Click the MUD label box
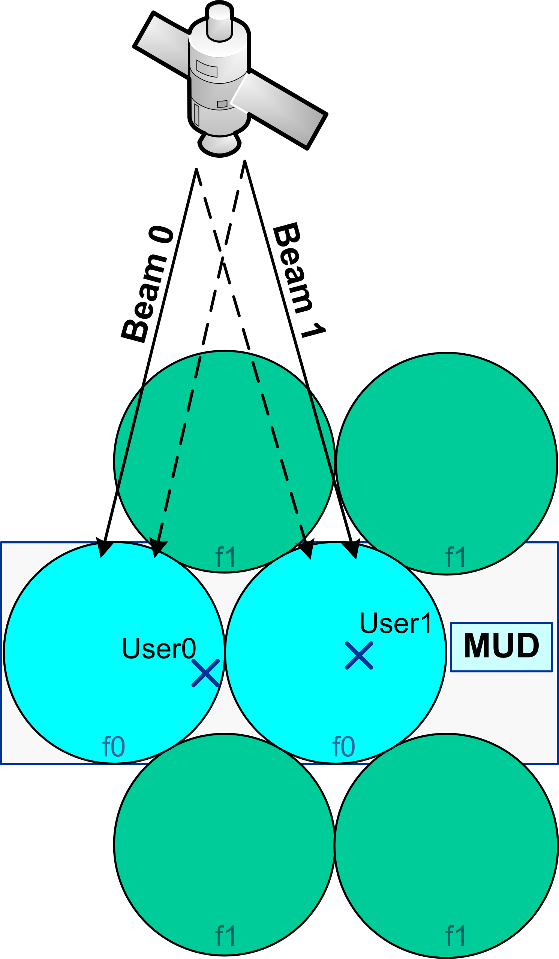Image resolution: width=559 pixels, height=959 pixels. [x=501, y=647]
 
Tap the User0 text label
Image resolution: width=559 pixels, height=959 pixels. [x=159, y=648]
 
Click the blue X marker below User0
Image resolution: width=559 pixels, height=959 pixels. [x=205, y=673]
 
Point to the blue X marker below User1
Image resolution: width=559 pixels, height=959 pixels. [x=359, y=655]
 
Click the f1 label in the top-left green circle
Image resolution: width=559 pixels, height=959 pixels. [x=225, y=557]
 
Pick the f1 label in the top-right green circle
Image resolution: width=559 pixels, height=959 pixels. [x=456, y=557]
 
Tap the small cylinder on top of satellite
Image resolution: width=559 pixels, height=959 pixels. [x=219, y=21]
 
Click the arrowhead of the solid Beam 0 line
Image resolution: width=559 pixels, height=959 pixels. [x=104, y=548]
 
